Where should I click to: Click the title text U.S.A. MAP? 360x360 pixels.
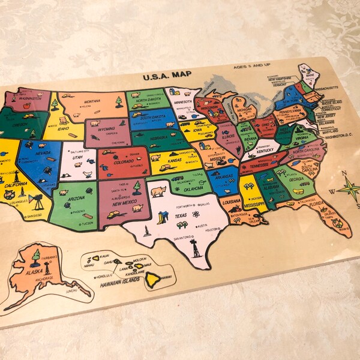pos(167,77)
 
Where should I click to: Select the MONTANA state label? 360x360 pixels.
pos(92,101)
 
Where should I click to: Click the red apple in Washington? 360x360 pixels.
pos(26,106)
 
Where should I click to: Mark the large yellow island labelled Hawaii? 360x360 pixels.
pos(154,278)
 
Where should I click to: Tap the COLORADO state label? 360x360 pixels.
pos(124,161)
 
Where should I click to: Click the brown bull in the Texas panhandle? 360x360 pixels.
pos(158,191)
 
